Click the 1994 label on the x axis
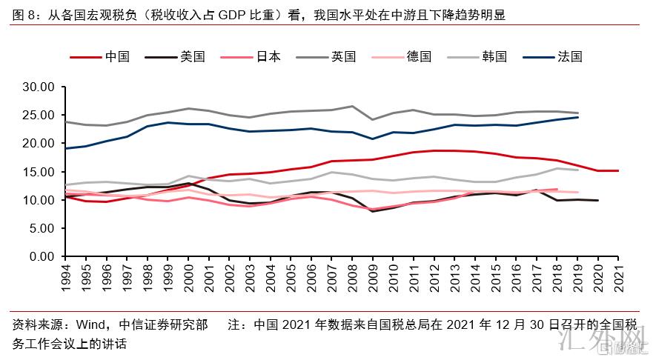click(x=67, y=279)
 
